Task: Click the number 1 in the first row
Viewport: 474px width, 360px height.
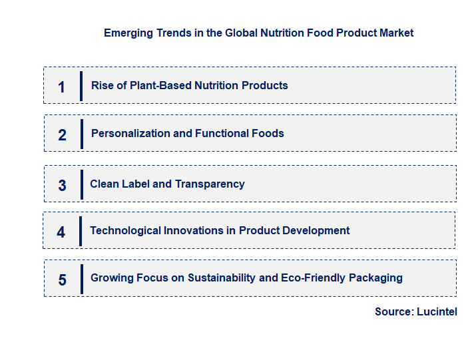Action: [x=61, y=87]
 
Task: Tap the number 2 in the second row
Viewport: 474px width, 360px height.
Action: [x=62, y=135]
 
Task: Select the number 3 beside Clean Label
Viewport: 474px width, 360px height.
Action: [x=62, y=186]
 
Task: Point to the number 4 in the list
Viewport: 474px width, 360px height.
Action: [x=61, y=232]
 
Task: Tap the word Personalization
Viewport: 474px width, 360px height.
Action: [x=130, y=133]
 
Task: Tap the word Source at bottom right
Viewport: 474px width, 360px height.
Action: [x=393, y=311]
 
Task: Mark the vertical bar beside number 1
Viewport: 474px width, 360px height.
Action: [x=81, y=86]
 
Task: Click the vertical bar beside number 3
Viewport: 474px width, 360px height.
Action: [x=81, y=184]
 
